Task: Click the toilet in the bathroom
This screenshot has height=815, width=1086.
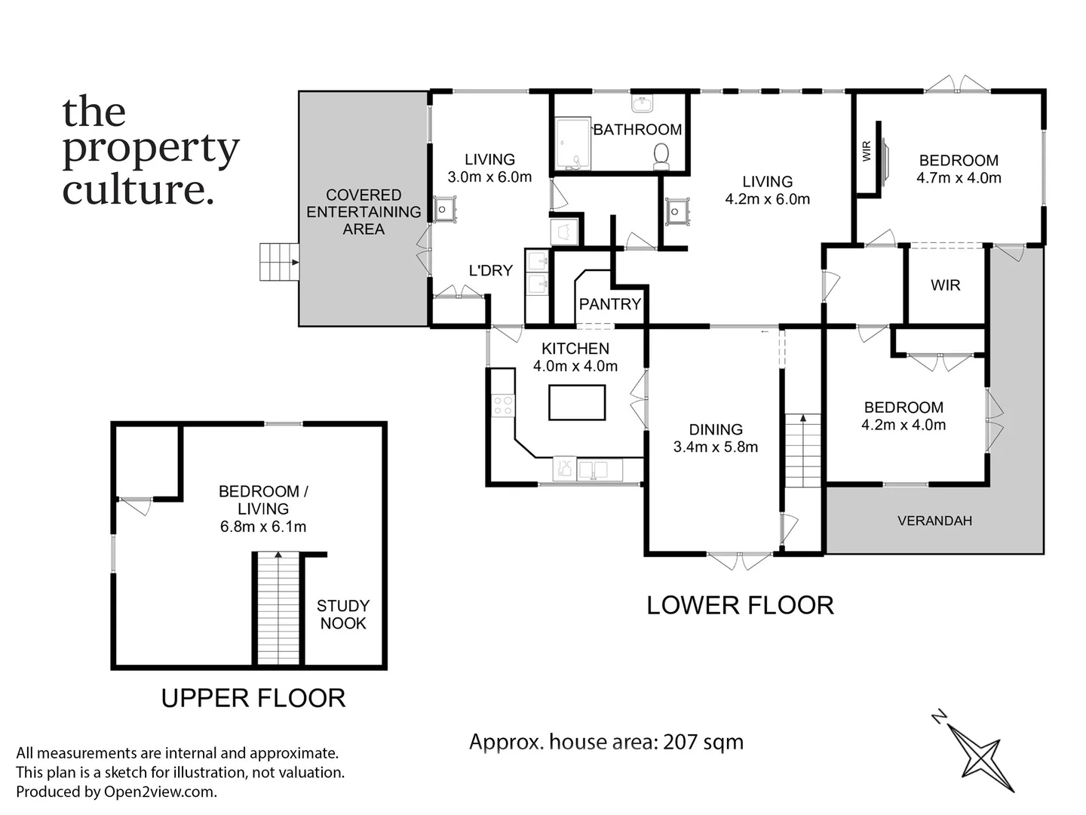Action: pyautogui.click(x=661, y=155)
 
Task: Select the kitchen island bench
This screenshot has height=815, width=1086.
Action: pyautogui.click(x=577, y=402)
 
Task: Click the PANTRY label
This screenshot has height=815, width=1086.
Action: pyautogui.click(x=609, y=304)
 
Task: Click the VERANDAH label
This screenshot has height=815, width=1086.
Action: pyautogui.click(x=934, y=521)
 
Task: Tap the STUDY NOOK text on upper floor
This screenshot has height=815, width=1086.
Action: pyautogui.click(x=342, y=614)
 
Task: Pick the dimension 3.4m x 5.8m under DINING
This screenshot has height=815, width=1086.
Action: pyautogui.click(x=715, y=447)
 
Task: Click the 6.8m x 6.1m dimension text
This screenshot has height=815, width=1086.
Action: pyautogui.click(x=263, y=527)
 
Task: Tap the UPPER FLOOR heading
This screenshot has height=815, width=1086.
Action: pyautogui.click(x=253, y=698)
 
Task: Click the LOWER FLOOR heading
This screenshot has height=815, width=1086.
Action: pyautogui.click(x=740, y=605)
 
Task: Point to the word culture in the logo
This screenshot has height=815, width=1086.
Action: pyautogui.click(x=133, y=189)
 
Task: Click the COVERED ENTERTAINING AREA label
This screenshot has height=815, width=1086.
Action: pyautogui.click(x=364, y=212)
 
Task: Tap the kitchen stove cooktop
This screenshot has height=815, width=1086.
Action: pyautogui.click(x=502, y=405)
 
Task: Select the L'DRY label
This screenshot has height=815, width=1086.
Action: pyautogui.click(x=490, y=271)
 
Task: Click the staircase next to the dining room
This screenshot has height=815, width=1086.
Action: pyautogui.click(x=803, y=451)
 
